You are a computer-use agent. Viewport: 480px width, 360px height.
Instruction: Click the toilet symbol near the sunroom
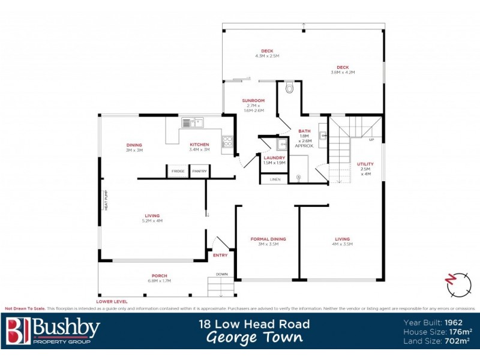coord(290,88)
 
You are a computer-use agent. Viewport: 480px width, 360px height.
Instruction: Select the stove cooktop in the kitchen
coord(227,142)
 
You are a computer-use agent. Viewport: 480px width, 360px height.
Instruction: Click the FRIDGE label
coord(178,172)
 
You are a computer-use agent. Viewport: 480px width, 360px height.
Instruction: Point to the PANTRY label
coord(199,172)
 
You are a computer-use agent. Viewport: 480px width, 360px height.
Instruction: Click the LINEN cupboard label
coord(275,179)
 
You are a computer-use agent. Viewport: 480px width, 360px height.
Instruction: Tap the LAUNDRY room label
coord(275,157)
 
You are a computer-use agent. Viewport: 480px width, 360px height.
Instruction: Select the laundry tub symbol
coord(281,145)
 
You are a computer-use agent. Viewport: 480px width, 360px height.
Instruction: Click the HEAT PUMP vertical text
coord(106,199)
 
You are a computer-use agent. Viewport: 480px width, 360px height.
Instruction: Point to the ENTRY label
coord(220,256)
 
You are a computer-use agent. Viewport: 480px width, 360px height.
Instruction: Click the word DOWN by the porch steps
coord(221,274)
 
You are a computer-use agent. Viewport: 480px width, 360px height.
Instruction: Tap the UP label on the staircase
coord(371,140)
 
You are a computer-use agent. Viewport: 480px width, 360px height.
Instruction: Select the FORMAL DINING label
coord(268,239)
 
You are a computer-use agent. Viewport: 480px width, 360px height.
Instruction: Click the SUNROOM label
coord(253,100)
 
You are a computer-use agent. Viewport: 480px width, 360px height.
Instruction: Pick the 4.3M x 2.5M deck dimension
coord(267,56)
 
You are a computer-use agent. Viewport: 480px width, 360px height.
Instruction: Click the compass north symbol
coord(459,283)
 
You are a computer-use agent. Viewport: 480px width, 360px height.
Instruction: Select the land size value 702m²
coord(457,341)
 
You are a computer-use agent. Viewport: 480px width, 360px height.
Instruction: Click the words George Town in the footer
coord(254,337)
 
